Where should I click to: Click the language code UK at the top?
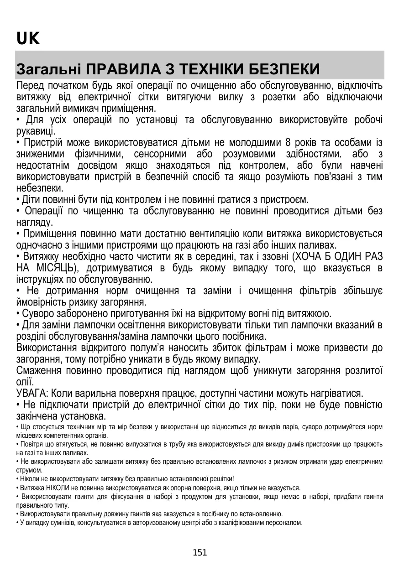pos(28,39)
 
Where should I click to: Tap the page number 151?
pos(200,553)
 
